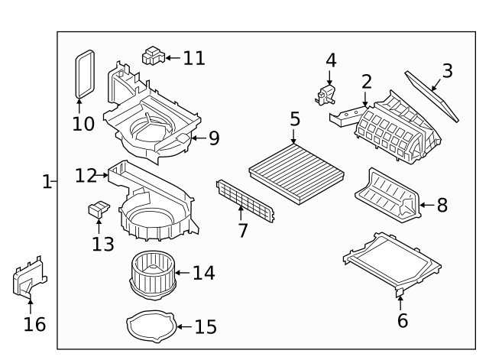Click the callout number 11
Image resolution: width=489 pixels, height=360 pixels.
pyautogui.click(x=194, y=58)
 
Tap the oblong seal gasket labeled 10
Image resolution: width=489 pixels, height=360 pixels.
pyautogui.click(x=84, y=74)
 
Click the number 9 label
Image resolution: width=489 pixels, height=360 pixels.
pyautogui.click(x=213, y=138)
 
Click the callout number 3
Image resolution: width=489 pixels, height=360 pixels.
pyautogui.click(x=447, y=71)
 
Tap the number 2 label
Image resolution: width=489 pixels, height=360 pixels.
pyautogui.click(x=367, y=81)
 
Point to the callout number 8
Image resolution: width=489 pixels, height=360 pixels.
pyautogui.click(x=442, y=205)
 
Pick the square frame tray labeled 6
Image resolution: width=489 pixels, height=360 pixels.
pyautogui.click(x=392, y=261)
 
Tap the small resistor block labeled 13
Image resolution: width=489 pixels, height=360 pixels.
pyautogui.click(x=99, y=209)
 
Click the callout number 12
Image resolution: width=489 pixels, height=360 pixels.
pyautogui.click(x=86, y=177)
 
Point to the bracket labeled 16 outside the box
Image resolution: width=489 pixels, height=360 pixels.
pyautogui.click(x=29, y=280)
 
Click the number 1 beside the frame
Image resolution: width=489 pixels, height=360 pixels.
pyautogui.click(x=46, y=182)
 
